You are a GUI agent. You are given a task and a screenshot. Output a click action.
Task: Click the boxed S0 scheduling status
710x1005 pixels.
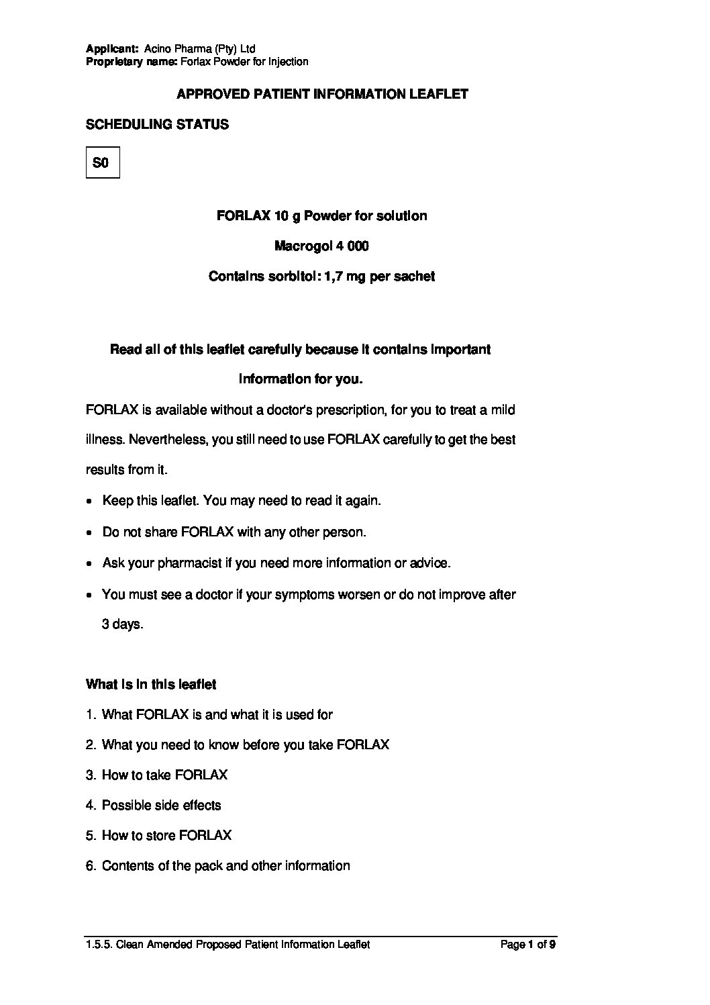click(102, 162)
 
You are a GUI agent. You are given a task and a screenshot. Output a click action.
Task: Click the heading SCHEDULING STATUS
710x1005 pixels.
click(157, 125)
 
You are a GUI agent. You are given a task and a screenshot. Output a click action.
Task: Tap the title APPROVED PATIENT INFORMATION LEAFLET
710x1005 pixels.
click(322, 95)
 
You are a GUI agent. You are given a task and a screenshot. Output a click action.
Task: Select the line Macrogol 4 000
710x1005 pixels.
click(321, 246)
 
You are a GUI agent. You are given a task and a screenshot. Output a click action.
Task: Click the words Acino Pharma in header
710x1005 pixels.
click(178, 49)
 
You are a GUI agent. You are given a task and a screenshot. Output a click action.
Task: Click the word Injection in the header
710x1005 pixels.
click(288, 62)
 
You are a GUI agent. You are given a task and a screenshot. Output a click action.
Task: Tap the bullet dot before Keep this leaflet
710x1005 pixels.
click(90, 501)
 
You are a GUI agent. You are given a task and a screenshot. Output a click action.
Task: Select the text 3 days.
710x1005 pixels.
click(123, 624)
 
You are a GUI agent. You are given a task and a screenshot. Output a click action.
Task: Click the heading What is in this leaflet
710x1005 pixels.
click(151, 685)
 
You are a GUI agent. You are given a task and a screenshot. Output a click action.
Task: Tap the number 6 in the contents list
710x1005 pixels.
click(90, 866)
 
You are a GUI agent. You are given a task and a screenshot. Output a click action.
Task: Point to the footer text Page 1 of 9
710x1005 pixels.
click(528, 945)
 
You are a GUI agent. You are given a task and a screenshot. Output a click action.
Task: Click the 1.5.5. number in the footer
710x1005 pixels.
click(99, 945)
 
